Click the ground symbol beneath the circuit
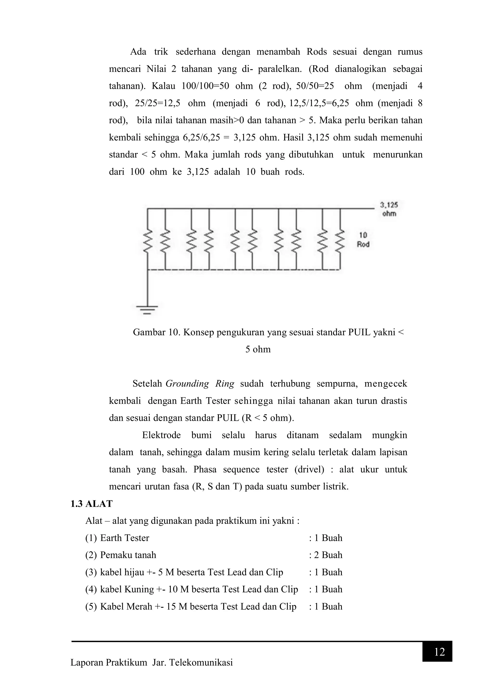147,309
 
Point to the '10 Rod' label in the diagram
363,240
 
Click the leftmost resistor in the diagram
148,240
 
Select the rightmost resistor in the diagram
340,240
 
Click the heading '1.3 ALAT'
91,504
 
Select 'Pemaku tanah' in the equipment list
128,555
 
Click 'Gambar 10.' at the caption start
157,332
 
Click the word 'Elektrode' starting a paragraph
161,435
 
